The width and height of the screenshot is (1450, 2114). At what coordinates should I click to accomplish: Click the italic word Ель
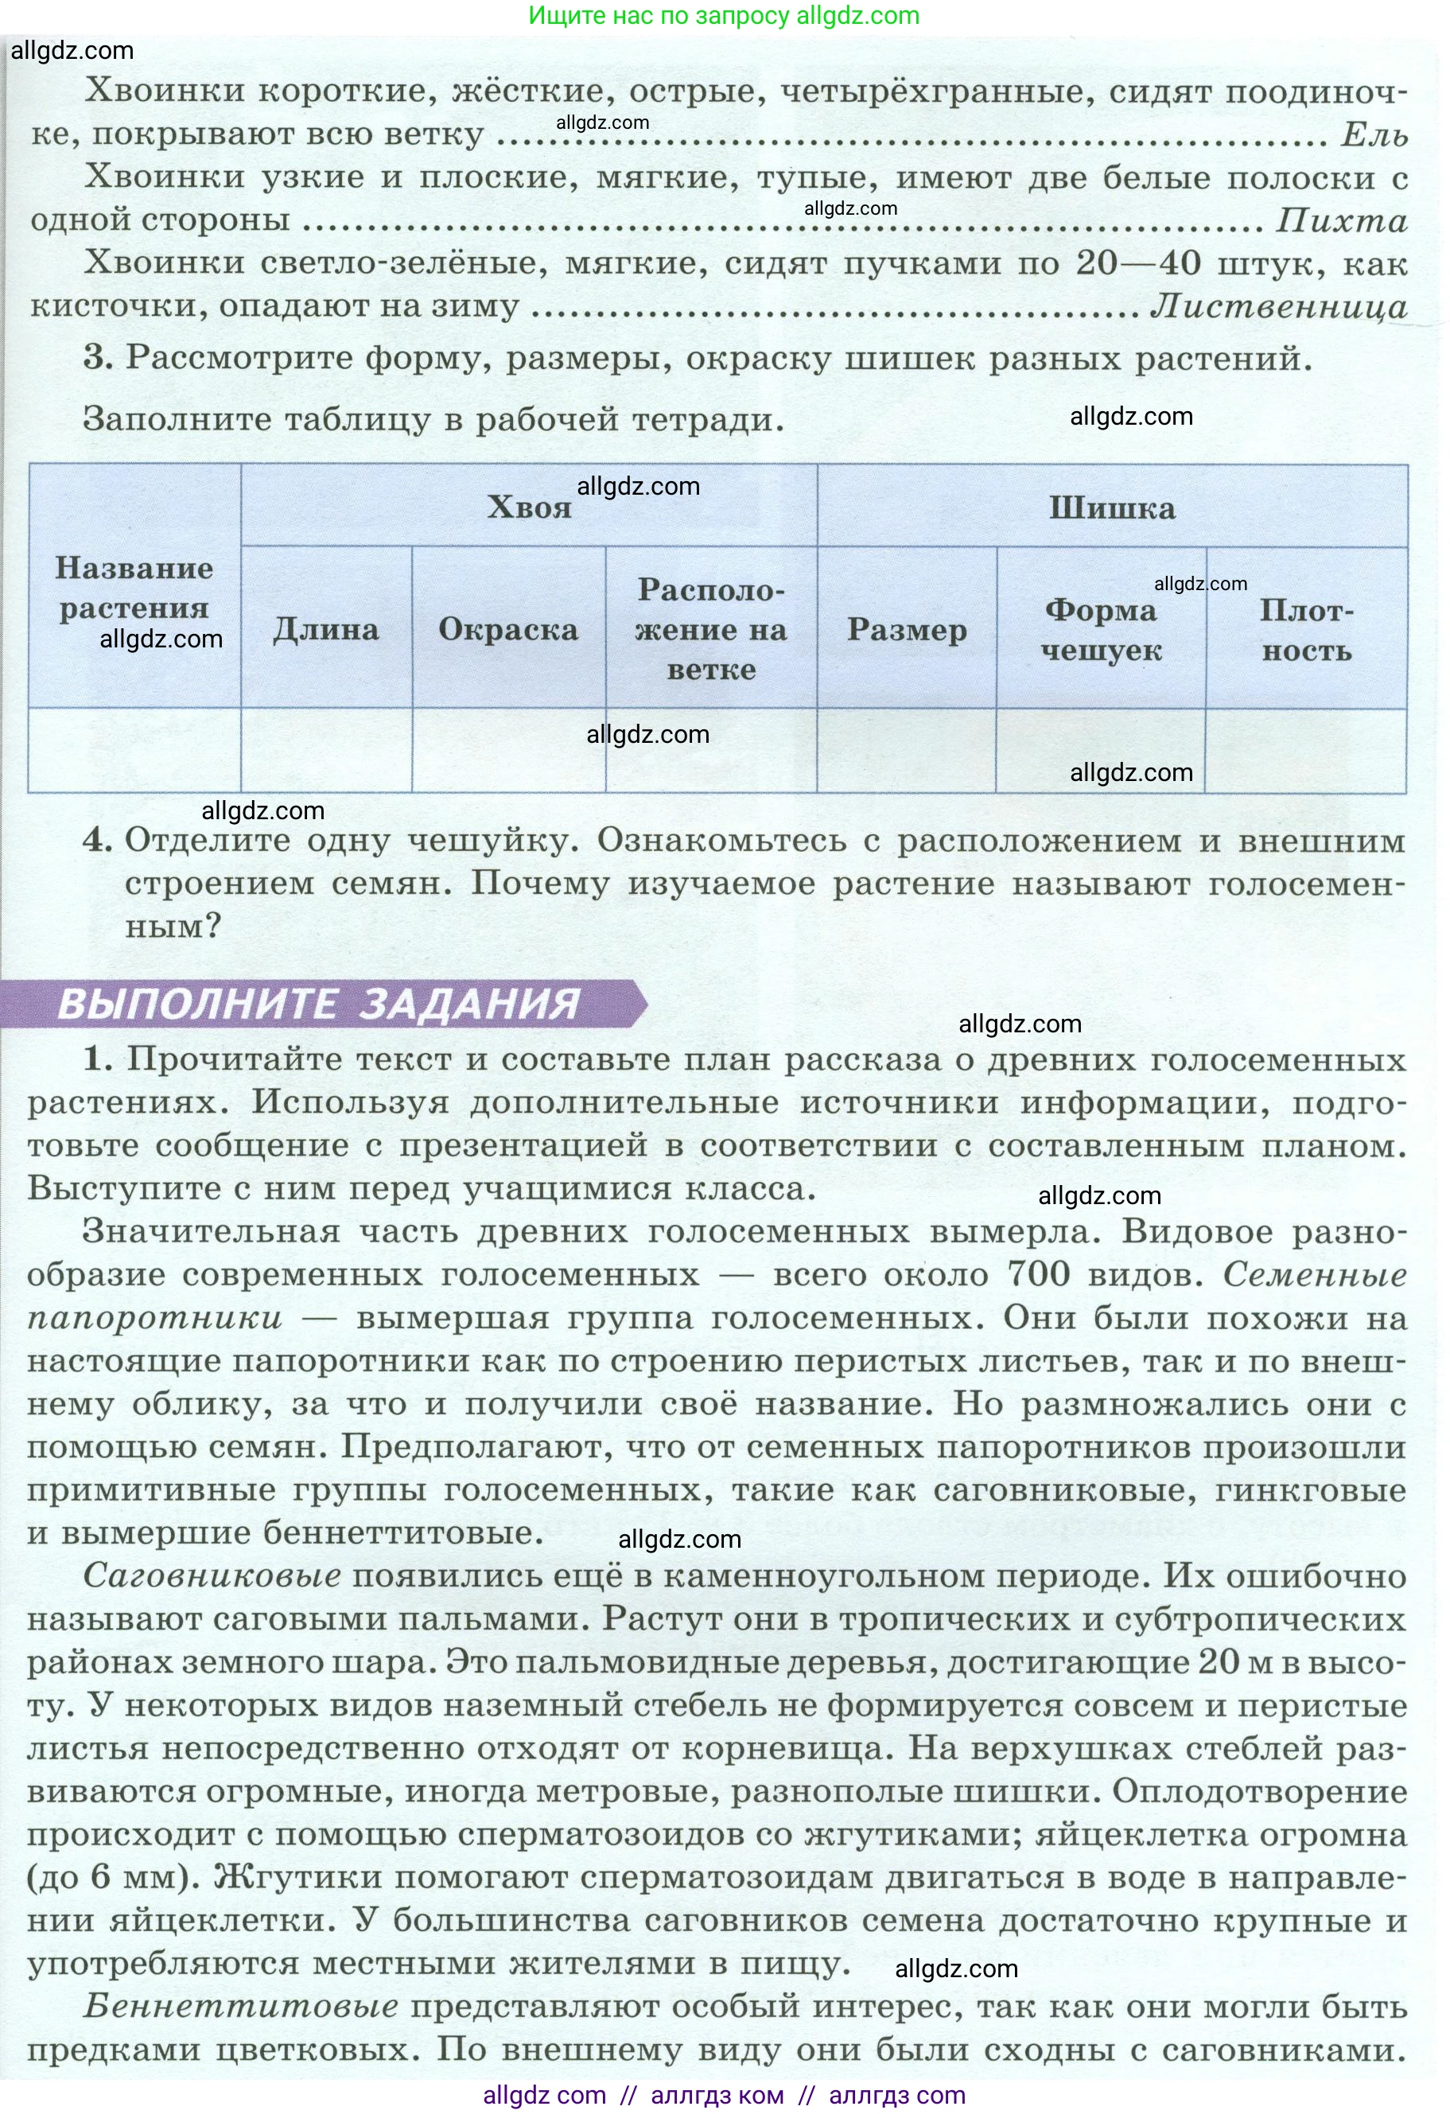(1374, 134)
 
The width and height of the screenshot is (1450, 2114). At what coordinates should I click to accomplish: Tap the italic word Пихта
(1341, 220)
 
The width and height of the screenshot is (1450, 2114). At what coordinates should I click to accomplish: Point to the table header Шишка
(1112, 507)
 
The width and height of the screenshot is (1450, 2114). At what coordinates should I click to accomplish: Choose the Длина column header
(325, 629)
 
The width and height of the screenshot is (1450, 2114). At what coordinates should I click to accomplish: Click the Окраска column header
(507, 629)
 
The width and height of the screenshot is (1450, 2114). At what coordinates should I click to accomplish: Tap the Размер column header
(906, 629)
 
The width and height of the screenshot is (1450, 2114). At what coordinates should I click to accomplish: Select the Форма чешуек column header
(1101, 629)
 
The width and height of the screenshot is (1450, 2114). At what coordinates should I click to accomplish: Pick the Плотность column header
(1306, 629)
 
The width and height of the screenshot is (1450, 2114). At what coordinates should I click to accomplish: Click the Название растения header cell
(134, 588)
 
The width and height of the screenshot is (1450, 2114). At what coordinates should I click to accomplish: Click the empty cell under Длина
(325, 751)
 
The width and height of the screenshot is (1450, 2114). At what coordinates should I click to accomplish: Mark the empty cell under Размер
(906, 751)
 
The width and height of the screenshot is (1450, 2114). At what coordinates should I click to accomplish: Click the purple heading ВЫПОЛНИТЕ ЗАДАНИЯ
(318, 1005)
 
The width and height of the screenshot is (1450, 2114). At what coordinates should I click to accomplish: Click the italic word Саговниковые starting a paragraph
(212, 1576)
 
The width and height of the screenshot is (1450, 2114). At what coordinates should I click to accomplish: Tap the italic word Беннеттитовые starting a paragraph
(240, 2006)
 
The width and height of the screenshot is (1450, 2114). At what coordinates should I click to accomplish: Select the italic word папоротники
(154, 1317)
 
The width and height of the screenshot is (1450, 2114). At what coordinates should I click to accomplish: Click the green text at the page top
(723, 15)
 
